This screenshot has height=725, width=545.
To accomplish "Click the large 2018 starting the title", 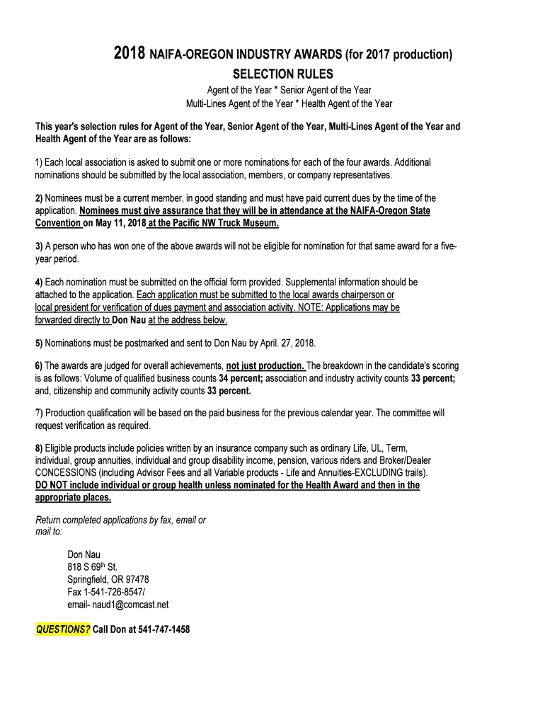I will coord(130,54).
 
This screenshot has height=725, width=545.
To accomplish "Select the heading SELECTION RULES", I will coord(282,74).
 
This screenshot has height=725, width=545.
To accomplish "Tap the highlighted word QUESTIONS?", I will coord(63,629).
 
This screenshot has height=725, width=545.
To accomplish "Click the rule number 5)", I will coord(39,343).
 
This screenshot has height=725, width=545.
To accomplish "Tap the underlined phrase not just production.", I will coord(265,366).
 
